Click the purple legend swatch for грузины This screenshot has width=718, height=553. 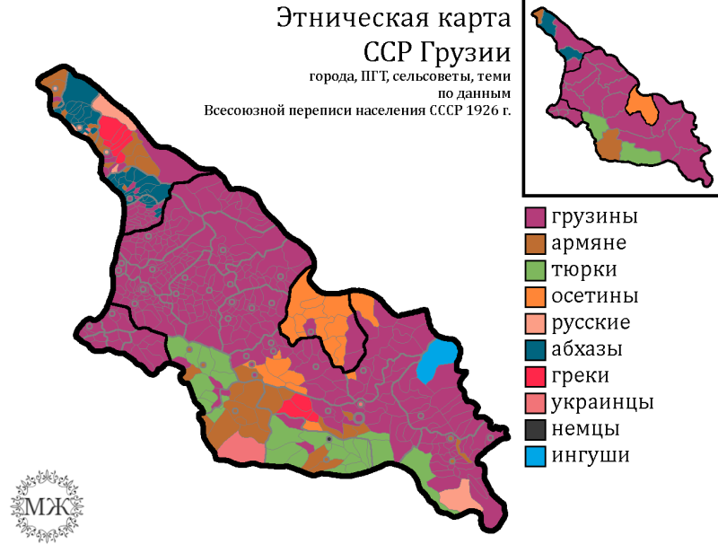pyautogui.click(x=536, y=216)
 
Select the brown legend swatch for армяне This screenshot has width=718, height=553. pyautogui.click(x=536, y=243)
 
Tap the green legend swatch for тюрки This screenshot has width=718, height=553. pyautogui.click(x=536, y=269)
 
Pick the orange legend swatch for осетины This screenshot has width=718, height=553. pyautogui.click(x=536, y=296)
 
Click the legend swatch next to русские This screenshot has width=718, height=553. pyautogui.click(x=536, y=322)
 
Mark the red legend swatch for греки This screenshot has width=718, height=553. pyautogui.click(x=536, y=375)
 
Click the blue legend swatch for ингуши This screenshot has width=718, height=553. pyautogui.click(x=536, y=455)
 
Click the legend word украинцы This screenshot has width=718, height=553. pyautogui.click(x=602, y=401)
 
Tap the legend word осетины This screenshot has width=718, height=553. pyautogui.click(x=595, y=296)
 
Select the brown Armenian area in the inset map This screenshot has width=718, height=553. pyautogui.click(x=609, y=145)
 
